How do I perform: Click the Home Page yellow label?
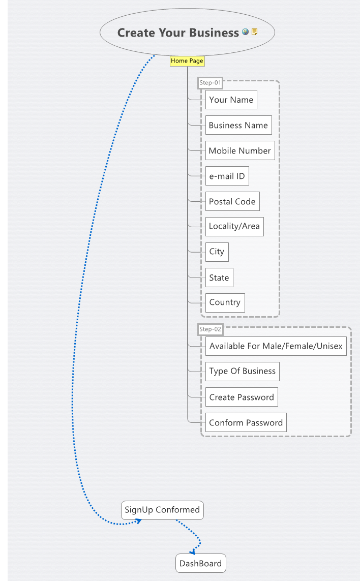point(187,61)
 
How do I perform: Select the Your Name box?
point(231,100)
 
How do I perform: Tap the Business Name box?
point(238,125)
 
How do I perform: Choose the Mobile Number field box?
point(239,150)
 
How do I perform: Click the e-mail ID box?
point(227,176)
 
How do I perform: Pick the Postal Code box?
point(232,201)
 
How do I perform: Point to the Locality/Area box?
point(234,226)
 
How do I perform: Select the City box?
point(217,252)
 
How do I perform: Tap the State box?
point(219,278)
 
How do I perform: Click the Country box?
point(225,302)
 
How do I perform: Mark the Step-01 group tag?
point(211,82)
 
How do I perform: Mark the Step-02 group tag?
point(211,329)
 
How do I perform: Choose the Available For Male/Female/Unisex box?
point(276,346)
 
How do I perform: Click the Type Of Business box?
point(242,371)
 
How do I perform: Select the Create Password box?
point(242,397)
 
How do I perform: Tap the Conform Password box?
point(246,422)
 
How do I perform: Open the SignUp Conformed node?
point(162,510)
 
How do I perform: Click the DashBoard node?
point(200,563)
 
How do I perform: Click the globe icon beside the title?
point(246,32)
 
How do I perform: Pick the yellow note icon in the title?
point(254,32)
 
